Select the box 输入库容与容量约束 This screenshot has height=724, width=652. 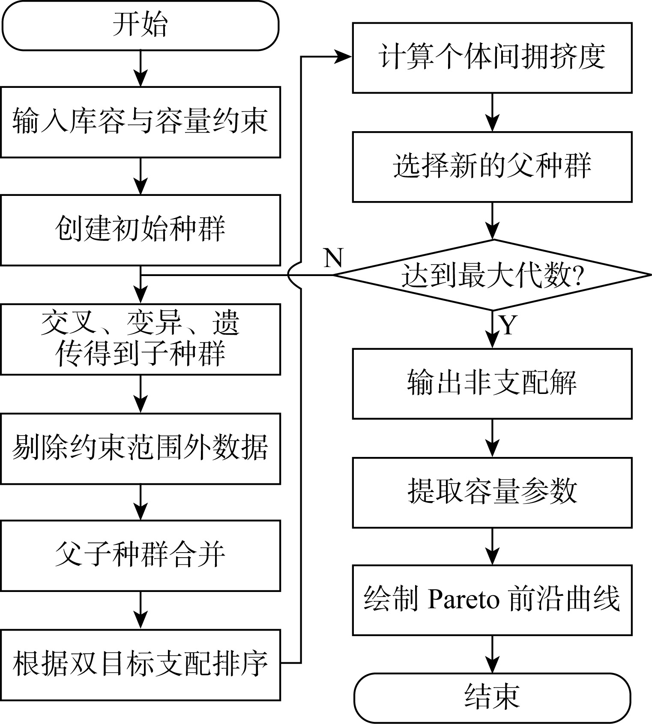[140, 122]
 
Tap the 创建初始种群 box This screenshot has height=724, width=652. [140, 230]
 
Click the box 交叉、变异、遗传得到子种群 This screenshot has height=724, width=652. [140, 339]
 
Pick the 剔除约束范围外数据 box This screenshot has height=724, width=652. [140, 448]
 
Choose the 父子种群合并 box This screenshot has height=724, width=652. [140, 556]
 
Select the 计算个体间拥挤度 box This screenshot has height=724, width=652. [492, 57]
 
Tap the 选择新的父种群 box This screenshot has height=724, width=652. [492, 167]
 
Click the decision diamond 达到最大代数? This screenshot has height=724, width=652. [492, 275]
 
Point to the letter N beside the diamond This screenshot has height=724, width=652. [334, 258]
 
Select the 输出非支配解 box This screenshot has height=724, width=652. [492, 384]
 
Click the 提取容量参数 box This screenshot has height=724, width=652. [492, 493]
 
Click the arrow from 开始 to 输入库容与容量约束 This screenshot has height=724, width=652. [141, 69]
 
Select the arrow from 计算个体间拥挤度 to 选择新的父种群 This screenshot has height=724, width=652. [493, 112]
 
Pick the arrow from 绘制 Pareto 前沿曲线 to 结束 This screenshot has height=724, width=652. [493, 654]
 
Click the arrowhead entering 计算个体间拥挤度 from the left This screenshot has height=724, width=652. [343, 57]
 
